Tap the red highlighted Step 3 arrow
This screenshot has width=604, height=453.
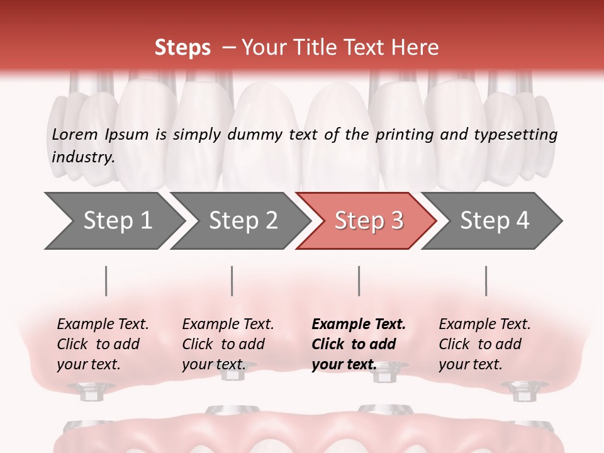click(368, 221)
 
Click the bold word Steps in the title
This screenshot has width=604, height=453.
click(182, 48)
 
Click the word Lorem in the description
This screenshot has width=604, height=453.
click(75, 134)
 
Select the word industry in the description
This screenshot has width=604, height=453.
click(82, 157)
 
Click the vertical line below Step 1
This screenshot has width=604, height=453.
click(106, 281)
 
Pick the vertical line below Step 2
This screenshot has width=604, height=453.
click(232, 281)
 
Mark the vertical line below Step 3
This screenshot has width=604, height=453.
click(359, 281)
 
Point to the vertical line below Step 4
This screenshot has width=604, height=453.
click(486, 281)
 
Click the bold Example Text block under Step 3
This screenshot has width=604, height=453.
click(359, 344)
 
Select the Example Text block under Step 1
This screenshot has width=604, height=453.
click(103, 344)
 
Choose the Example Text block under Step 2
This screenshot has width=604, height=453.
click(228, 344)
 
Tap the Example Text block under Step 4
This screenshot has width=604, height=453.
click(484, 344)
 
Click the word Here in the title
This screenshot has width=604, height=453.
click(415, 48)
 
